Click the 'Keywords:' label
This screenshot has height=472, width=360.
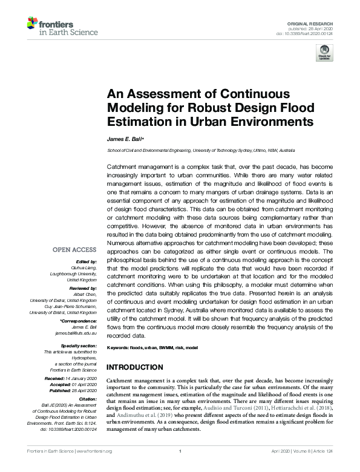point(120,349)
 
